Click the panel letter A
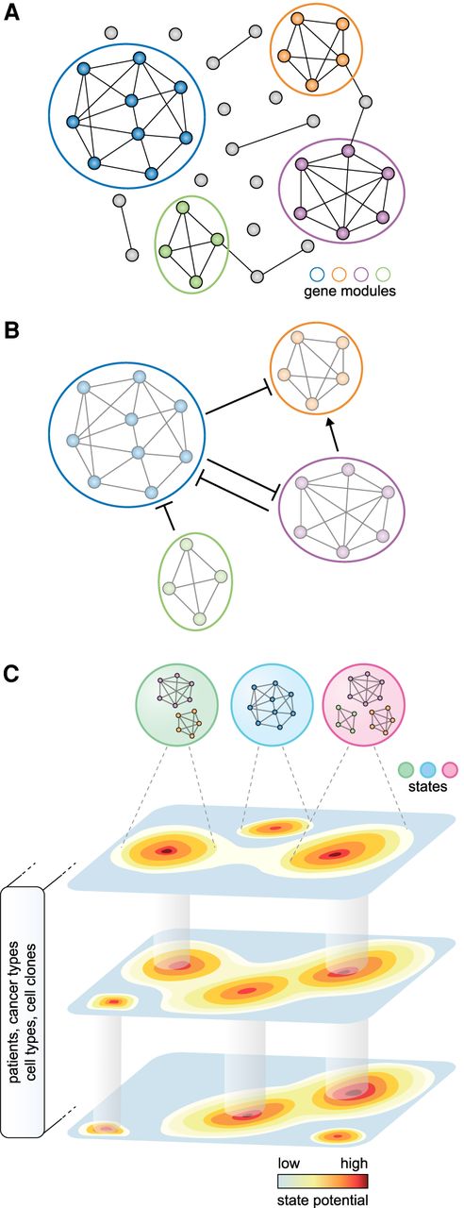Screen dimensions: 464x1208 11,12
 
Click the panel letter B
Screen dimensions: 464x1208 11,330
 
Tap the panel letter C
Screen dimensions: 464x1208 11,673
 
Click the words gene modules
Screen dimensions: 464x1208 350,292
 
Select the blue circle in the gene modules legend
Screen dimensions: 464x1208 316,275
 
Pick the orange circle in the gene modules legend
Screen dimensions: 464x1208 339,275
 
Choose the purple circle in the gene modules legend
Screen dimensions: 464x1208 361,275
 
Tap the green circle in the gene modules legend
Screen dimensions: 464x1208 384,275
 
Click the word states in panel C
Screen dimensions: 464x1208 427,786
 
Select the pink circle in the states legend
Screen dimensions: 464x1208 450,769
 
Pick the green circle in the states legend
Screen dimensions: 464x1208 406,769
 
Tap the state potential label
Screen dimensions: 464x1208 323,1200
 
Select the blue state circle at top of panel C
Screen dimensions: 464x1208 272,705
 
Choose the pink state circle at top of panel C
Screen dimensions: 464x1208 363,705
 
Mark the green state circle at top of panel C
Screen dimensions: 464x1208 177,705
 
